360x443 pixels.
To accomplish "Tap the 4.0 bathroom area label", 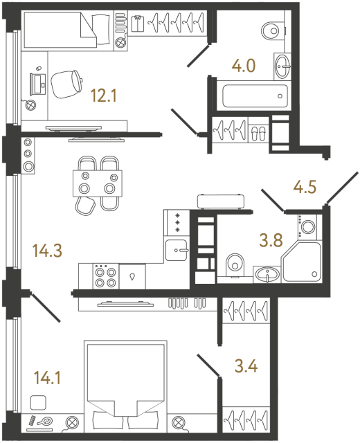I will [x=244, y=66].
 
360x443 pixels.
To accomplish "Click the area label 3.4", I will [x=246, y=366].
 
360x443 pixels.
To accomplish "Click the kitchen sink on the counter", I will [x=178, y=247].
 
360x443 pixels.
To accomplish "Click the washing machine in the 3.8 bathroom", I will [x=307, y=225].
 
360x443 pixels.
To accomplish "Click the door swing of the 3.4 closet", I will [x=208, y=365].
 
